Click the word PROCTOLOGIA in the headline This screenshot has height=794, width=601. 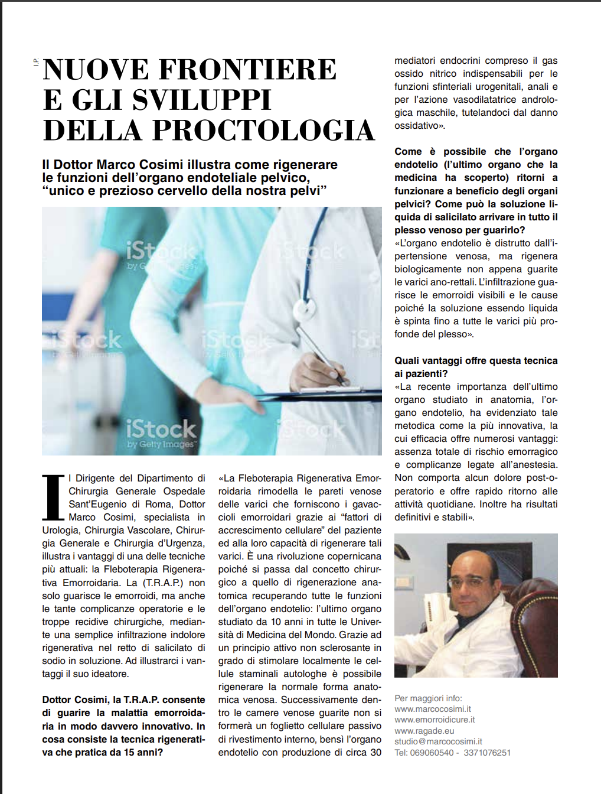tap(263, 131)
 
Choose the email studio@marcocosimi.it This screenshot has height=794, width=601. tap(438, 741)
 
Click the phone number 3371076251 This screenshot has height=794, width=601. tap(487, 753)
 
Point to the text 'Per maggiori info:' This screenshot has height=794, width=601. tap(428, 698)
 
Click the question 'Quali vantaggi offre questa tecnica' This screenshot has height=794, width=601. tap(476, 360)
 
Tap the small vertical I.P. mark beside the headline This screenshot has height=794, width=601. tap(36, 61)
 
